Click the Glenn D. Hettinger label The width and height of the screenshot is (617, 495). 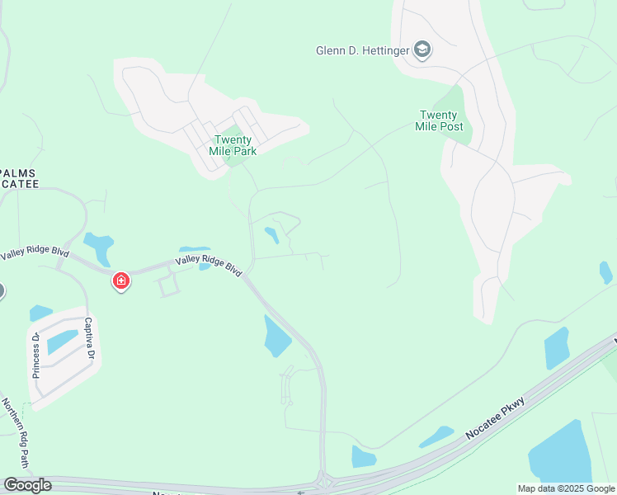pos(363,50)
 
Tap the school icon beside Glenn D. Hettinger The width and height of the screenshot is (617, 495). pos(423,50)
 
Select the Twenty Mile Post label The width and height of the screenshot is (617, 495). pos(441,120)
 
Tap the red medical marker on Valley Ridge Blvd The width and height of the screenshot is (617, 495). pos(120,281)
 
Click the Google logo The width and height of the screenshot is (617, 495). pos(27,484)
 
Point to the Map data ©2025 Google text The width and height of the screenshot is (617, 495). pos(566,488)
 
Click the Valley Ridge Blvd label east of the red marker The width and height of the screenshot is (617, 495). pos(209,266)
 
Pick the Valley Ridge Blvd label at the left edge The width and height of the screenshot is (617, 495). pos(33,253)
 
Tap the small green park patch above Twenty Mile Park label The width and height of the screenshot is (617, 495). pos(233,131)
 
